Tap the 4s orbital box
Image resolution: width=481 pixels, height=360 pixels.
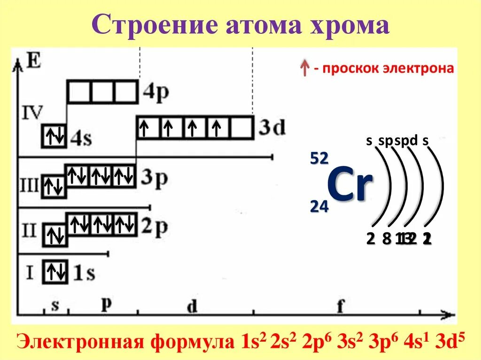(54, 136)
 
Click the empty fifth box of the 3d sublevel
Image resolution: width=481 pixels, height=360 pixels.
(241, 127)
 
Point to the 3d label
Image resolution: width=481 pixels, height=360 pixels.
(272, 127)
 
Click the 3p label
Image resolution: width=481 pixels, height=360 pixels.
(154, 178)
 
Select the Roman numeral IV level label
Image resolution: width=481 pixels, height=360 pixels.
(32, 113)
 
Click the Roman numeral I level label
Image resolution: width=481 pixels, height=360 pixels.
(30, 272)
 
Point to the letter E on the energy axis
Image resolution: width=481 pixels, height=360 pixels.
(33, 61)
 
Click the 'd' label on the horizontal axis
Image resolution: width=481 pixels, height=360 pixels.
(192, 306)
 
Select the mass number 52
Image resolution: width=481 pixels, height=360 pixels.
(318, 159)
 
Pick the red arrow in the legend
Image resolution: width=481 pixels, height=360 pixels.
(304, 69)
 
